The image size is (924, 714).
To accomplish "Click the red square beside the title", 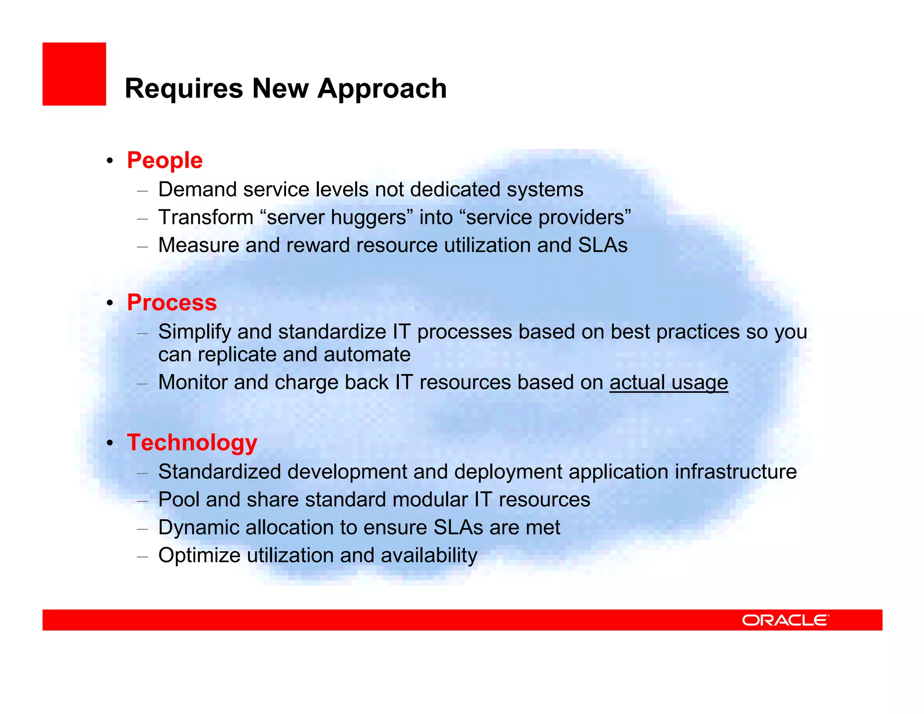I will click(x=74, y=74).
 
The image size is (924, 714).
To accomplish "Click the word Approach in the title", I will click(x=382, y=88).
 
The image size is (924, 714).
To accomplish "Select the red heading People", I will click(x=165, y=160).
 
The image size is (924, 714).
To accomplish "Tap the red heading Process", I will click(x=171, y=302).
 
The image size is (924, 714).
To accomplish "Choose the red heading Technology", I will click(x=192, y=442).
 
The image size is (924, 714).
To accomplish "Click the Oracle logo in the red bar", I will click(x=785, y=620).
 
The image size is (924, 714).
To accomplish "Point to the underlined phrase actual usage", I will click(x=669, y=382).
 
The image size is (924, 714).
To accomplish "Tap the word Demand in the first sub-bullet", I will click(x=197, y=190).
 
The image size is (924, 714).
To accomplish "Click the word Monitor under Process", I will click(x=193, y=382).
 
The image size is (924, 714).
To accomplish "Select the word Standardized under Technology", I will click(x=220, y=472).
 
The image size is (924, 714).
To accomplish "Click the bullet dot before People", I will click(x=110, y=161).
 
